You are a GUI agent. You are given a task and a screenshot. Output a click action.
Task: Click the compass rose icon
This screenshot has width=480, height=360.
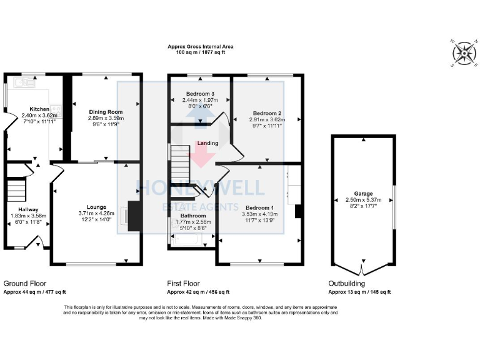(463, 54)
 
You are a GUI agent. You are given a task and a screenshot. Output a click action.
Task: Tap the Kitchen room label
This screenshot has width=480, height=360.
(31, 109)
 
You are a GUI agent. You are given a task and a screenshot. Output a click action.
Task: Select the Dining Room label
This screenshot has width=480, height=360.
(105, 111)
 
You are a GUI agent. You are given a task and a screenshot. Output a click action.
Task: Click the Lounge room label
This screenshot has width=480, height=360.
(96, 207)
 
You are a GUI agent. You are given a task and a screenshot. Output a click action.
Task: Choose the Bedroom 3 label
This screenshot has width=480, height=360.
(198, 94)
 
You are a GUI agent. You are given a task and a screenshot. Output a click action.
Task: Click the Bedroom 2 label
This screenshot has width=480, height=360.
(267, 113)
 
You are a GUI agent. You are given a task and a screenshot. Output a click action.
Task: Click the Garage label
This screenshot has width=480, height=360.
(362, 194)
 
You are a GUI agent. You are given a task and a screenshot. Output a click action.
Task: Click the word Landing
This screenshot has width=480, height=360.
(207, 143)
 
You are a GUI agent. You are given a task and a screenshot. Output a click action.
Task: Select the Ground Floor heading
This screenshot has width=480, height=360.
(25, 283)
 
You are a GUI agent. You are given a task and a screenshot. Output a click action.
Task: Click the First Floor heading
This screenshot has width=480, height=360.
(184, 283)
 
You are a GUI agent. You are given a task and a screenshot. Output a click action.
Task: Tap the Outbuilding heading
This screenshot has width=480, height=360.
(348, 283)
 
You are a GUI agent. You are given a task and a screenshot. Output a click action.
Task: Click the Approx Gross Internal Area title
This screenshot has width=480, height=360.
(196, 46)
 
